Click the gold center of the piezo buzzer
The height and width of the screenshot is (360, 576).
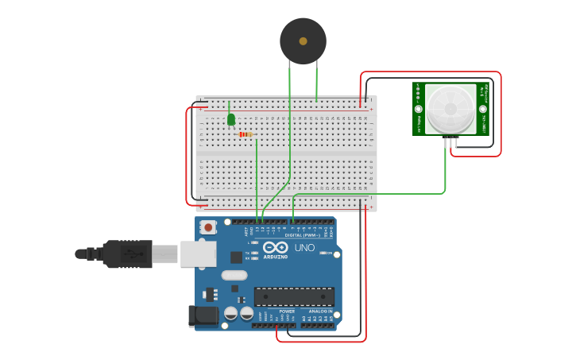(303, 41)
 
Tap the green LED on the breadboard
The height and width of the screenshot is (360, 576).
(231, 119)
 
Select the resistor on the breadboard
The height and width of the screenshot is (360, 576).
(245, 134)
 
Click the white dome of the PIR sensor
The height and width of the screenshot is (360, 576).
(450, 109)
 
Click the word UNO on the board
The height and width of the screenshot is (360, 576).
(305, 248)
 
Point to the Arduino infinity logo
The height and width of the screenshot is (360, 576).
(276, 247)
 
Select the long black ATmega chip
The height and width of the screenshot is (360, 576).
(294, 296)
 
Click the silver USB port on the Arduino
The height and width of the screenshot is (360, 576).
(198, 254)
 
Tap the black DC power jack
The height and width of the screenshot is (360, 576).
(203, 315)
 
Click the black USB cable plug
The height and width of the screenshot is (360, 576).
(127, 254)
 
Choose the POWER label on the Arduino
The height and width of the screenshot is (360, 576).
(276, 312)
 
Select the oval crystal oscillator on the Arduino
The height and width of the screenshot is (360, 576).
(234, 275)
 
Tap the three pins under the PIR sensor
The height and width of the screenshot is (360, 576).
(451, 142)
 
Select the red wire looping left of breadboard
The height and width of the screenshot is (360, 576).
(187, 155)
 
